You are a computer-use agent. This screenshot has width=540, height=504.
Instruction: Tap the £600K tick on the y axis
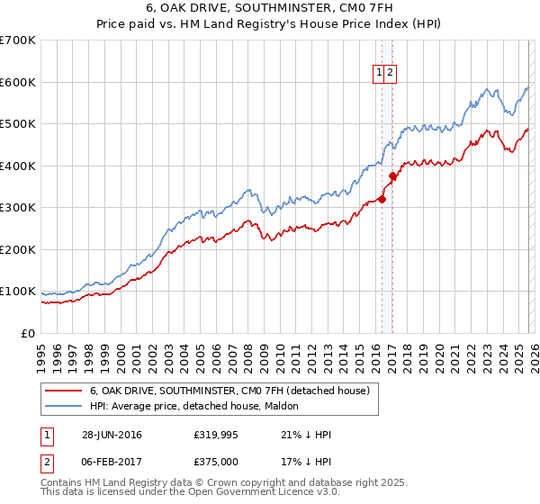point(18,82)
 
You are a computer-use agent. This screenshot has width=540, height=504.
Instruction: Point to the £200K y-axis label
point(18,249)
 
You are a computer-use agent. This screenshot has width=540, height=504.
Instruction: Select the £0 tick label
point(27,333)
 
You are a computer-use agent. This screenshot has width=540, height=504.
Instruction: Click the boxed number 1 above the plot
point(380,75)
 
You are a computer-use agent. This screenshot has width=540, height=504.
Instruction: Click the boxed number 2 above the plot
point(391,75)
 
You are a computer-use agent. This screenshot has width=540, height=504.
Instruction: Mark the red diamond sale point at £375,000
point(392,176)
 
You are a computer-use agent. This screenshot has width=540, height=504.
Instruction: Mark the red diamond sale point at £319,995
point(382,199)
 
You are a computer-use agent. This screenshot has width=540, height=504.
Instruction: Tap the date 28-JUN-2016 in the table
point(112,435)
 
